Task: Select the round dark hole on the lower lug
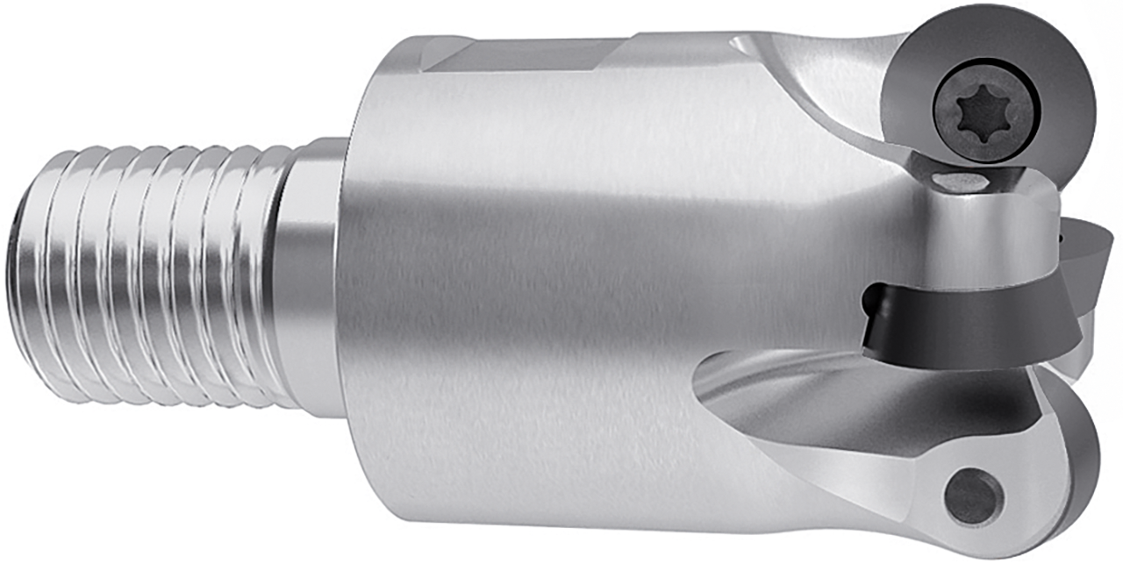click(x=974, y=496)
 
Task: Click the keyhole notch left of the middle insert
click(x=870, y=303)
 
